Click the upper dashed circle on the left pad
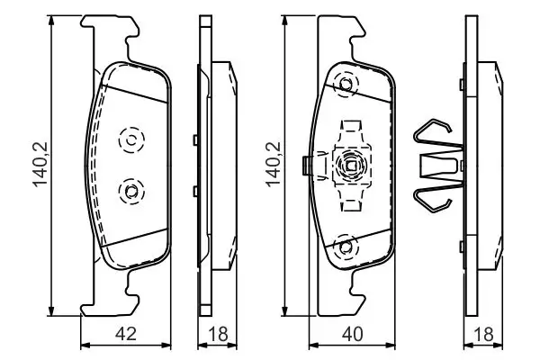coord(130,139)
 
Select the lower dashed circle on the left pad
coord(130,190)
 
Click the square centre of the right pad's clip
coord(351,165)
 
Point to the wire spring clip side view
coord(436,166)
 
